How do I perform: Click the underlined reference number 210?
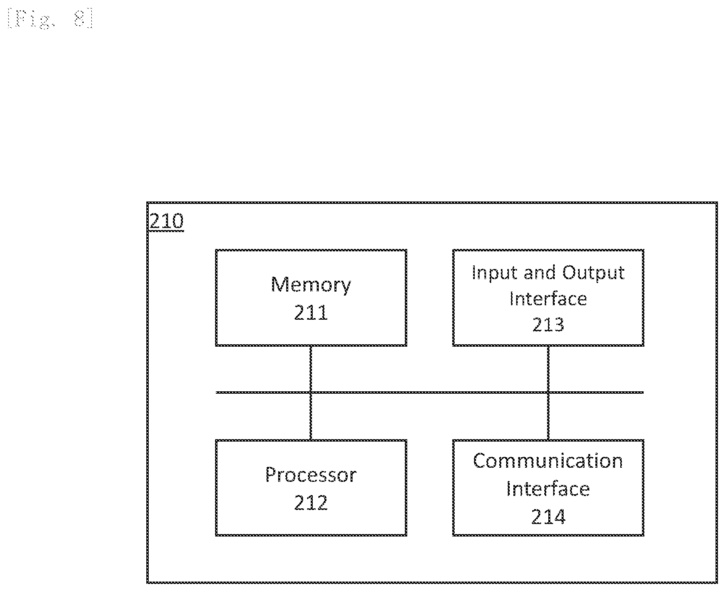(166, 222)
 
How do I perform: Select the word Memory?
(311, 285)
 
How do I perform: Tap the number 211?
(311, 312)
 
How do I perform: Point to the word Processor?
(311, 475)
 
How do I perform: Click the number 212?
(311, 503)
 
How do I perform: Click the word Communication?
(548, 461)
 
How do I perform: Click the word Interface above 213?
(548, 299)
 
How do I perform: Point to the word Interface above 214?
(548, 489)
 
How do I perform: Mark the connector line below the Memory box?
(310, 369)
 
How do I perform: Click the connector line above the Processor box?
(310, 416)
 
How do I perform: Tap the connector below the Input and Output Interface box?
(548, 369)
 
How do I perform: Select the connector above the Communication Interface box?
(548, 416)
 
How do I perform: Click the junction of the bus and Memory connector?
(310, 392)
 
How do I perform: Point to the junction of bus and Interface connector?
(548, 392)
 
